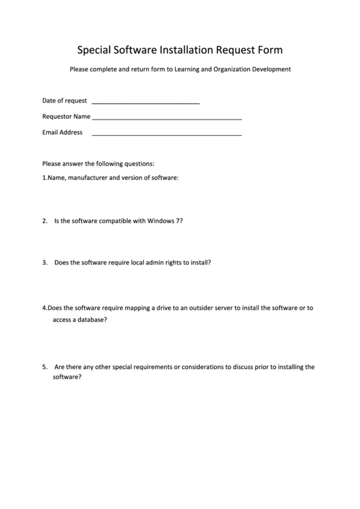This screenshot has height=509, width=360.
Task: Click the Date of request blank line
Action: [x=145, y=103]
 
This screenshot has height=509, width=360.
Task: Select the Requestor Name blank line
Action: [x=166, y=119]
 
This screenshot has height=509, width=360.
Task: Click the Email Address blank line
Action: [x=166, y=135]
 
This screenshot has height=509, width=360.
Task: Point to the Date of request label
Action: [x=65, y=101]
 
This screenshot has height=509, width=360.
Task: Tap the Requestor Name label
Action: [x=67, y=116]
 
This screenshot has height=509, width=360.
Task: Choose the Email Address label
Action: [x=62, y=133]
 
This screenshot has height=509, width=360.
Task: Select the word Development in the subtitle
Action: [x=271, y=69]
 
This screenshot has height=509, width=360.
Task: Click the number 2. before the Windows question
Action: [x=44, y=221]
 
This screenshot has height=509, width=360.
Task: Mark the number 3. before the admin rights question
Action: [x=44, y=262]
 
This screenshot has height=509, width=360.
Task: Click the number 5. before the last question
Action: [x=44, y=366]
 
